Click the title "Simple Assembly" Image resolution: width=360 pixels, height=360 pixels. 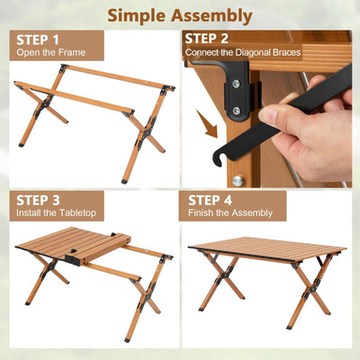pos(180,15)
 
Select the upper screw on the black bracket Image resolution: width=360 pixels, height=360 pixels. pos(236,84)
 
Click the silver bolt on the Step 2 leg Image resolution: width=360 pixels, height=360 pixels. pos(238,180)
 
